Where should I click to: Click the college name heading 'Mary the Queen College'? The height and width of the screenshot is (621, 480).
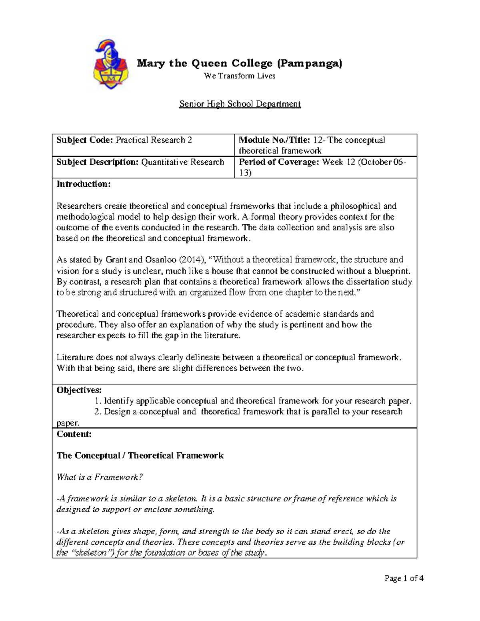pos(240,63)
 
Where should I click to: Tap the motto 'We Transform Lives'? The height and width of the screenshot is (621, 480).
pos(240,76)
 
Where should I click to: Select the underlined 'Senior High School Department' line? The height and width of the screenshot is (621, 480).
pos(240,104)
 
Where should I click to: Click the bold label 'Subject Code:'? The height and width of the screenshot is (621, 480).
pos(85,140)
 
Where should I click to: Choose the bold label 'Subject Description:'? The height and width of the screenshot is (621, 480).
pos(97,162)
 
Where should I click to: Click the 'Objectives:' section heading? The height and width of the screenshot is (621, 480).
pos(79,390)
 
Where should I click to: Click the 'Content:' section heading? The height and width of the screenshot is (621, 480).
pos(74,434)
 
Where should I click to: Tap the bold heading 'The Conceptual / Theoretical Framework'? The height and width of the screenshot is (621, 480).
pos(140,455)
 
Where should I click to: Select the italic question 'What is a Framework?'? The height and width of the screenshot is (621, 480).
pos(100,477)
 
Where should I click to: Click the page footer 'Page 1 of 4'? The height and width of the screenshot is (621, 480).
pos(404,578)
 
